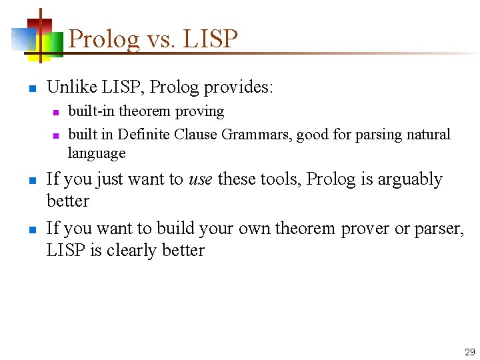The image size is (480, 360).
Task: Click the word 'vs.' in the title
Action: (x=161, y=39)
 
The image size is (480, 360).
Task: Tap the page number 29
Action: (x=469, y=351)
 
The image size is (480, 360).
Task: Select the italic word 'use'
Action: (x=201, y=179)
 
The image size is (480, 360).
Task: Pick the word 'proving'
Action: (x=200, y=111)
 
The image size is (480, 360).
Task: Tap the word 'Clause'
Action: (x=195, y=135)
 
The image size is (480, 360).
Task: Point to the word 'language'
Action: (x=97, y=153)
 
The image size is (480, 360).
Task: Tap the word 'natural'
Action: (x=427, y=135)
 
